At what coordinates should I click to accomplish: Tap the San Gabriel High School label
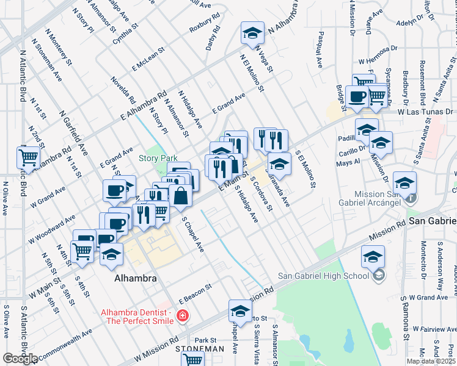pyautogui.click(x=323, y=275)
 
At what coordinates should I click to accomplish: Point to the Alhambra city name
pyautogui.click(x=136, y=278)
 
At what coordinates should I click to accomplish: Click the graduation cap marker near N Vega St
pyautogui.click(x=251, y=34)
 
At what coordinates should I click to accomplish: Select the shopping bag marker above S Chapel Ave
pyautogui.click(x=181, y=196)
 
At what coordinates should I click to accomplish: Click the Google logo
pyautogui.click(x=20, y=359)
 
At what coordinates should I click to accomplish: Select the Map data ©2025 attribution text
pyautogui.click(x=431, y=361)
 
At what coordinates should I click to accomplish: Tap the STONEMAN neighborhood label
pyautogui.click(x=200, y=349)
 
